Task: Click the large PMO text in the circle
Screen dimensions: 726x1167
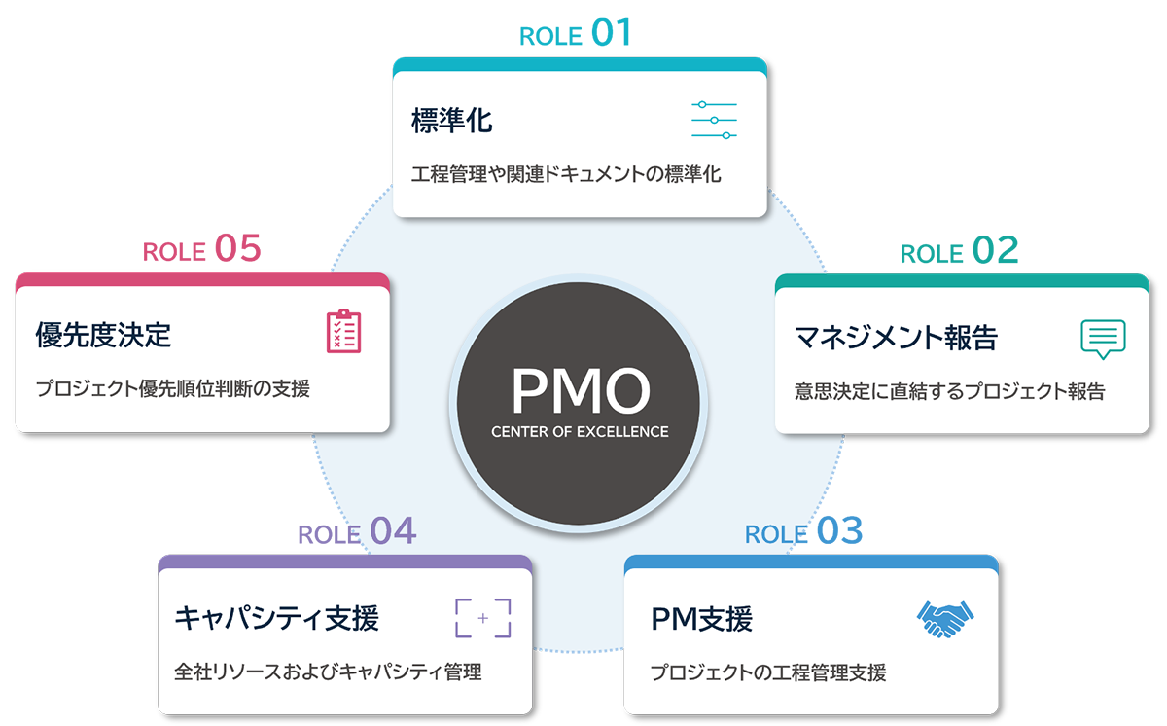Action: click(580, 391)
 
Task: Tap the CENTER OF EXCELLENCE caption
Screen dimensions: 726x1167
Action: click(580, 431)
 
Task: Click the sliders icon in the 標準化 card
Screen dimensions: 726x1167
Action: click(714, 120)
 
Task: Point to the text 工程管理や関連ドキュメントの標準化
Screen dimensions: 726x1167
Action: click(566, 176)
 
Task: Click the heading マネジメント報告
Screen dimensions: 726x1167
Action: click(896, 338)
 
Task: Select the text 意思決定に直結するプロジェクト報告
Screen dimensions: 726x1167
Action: click(949, 392)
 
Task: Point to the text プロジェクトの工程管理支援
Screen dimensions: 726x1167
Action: click(768, 672)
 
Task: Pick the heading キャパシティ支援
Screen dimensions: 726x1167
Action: click(277, 618)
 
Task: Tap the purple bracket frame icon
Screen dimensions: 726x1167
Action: click(482, 618)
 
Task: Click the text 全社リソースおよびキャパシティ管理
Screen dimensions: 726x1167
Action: click(329, 672)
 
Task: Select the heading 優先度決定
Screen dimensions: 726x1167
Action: click(103, 336)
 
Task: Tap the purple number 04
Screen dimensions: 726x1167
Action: click(393, 531)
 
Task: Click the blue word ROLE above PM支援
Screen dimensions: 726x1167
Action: click(773, 534)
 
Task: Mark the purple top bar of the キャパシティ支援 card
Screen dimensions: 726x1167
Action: click(344, 562)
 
